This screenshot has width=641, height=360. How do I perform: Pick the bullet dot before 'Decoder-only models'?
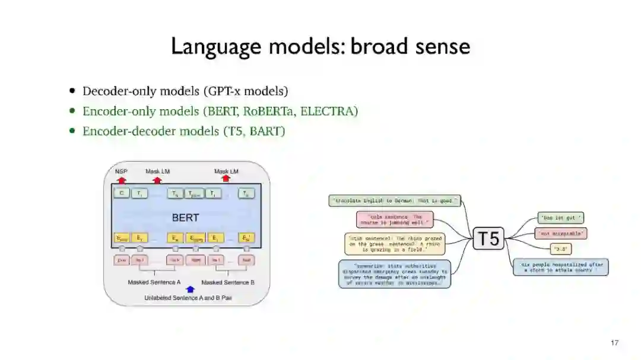[x=72, y=91]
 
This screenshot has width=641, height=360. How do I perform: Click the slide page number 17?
[x=614, y=343]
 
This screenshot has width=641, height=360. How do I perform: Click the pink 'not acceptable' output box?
[x=561, y=234]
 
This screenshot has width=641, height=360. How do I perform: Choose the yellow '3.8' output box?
[x=561, y=249]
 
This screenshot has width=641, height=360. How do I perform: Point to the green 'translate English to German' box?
[x=395, y=201]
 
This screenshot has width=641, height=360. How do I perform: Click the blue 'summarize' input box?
[x=395, y=274]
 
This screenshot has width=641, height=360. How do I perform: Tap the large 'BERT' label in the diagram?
[x=185, y=218]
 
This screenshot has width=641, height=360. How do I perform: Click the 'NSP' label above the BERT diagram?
[x=121, y=171]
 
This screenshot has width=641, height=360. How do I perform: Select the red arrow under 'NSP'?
[x=122, y=179]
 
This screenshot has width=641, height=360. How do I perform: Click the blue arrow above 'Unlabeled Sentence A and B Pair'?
[x=190, y=289]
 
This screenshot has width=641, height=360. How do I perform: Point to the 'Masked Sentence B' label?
[x=228, y=282]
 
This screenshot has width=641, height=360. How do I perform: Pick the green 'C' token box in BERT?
[x=122, y=193]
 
